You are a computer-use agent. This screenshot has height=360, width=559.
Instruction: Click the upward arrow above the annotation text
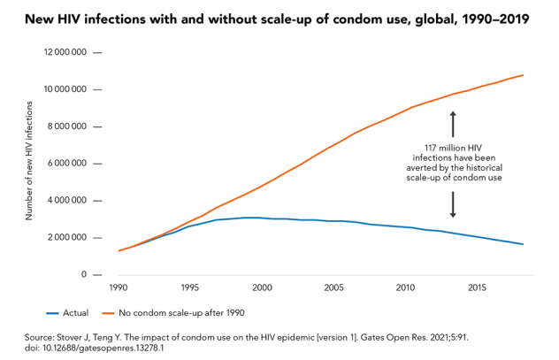[453, 123]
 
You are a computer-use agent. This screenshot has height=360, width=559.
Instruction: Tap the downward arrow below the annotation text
[453, 205]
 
